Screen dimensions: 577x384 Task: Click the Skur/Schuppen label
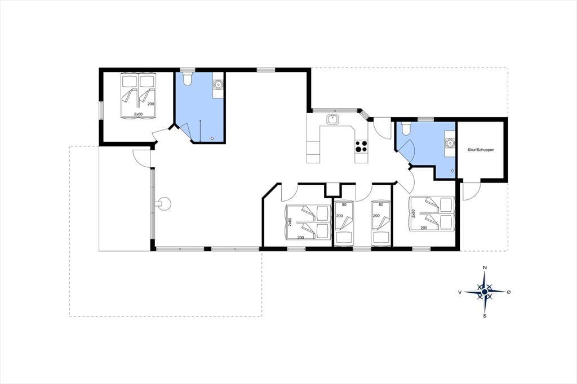pos(481,150)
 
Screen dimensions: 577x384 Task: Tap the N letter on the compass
pos(485,267)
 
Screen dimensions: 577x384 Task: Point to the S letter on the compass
pos(485,315)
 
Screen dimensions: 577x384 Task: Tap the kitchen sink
pos(332,120)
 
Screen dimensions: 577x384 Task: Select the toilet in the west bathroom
pos(187,79)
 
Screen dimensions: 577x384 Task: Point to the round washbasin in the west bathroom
pos(218,84)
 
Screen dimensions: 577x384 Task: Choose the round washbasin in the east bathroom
pos(450,142)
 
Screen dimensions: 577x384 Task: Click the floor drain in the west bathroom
pos(212,139)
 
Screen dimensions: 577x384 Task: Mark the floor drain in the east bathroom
pos(452,171)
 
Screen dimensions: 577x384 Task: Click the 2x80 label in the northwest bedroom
pos(138,114)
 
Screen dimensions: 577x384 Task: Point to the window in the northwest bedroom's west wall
pos(101,110)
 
